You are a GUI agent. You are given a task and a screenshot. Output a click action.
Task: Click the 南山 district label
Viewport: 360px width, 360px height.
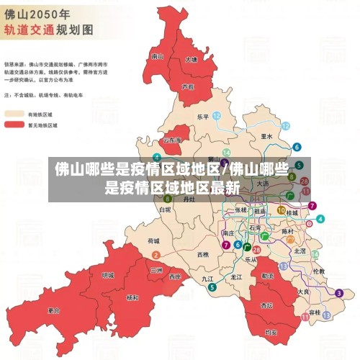click(x=158, y=56)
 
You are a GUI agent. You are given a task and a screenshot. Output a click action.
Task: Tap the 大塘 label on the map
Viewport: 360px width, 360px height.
click(x=191, y=60)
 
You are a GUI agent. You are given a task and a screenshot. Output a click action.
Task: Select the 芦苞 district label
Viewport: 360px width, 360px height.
click(x=188, y=86)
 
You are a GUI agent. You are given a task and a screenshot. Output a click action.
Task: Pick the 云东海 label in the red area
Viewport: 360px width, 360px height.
click(x=173, y=140)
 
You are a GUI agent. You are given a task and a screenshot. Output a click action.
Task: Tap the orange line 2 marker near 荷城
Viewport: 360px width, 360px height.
click(x=156, y=255)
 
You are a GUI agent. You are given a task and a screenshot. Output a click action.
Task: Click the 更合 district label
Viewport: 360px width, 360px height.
click(x=54, y=310)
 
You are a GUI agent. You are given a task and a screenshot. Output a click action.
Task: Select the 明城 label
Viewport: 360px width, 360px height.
click(x=108, y=275)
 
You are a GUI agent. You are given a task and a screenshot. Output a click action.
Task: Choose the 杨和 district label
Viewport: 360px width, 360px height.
click(x=132, y=297)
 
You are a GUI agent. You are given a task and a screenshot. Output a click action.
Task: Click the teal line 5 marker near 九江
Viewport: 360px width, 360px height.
click(x=212, y=287)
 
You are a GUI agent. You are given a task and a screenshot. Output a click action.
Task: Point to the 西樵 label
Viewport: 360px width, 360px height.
click(x=202, y=255)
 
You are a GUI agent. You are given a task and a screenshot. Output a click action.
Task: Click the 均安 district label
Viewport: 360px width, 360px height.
click(x=271, y=333)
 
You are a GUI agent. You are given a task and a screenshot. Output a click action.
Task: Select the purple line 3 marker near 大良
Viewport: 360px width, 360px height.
click(x=338, y=293)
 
